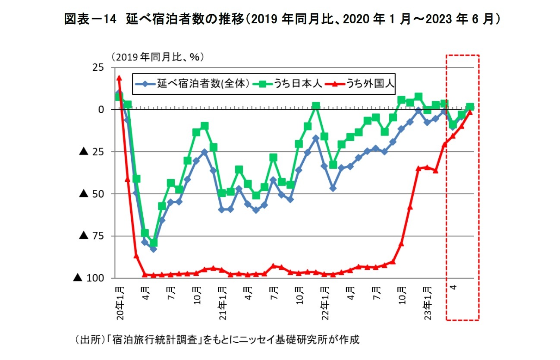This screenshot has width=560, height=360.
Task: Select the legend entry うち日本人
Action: point(297,84)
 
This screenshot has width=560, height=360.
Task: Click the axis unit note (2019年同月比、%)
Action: point(157,57)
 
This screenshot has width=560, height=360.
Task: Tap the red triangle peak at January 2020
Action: point(119,78)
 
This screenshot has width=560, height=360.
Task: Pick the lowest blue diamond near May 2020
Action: point(153,249)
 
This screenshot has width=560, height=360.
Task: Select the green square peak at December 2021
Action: point(316,106)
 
